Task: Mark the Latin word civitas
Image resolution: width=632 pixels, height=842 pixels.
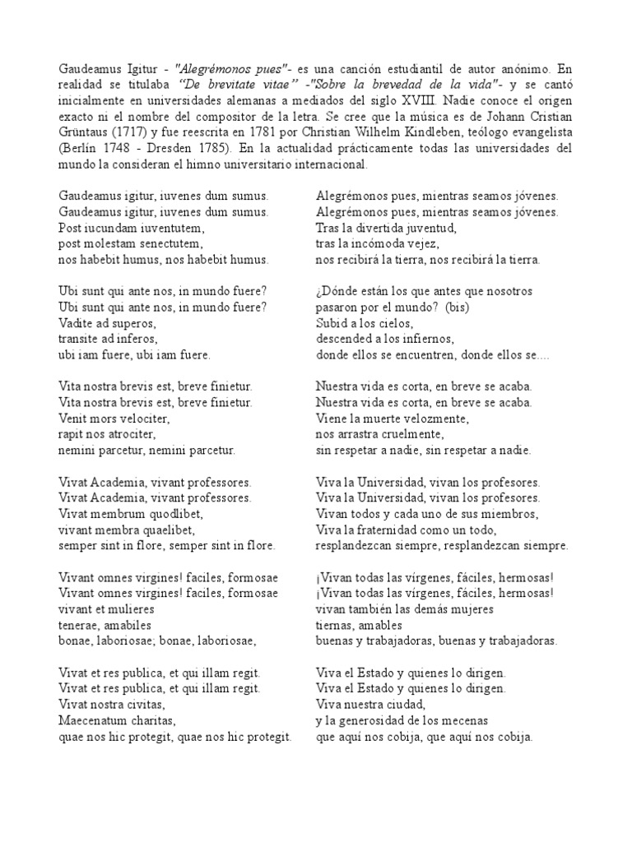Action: (144, 706)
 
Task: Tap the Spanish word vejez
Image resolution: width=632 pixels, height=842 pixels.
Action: (426, 243)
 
